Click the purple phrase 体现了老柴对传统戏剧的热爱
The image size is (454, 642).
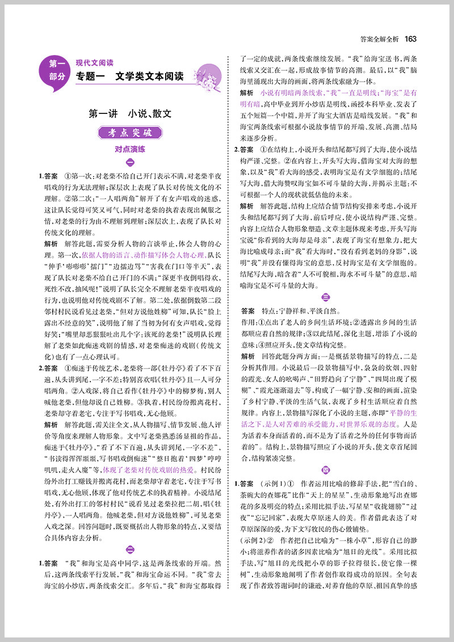click(x=146, y=454)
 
